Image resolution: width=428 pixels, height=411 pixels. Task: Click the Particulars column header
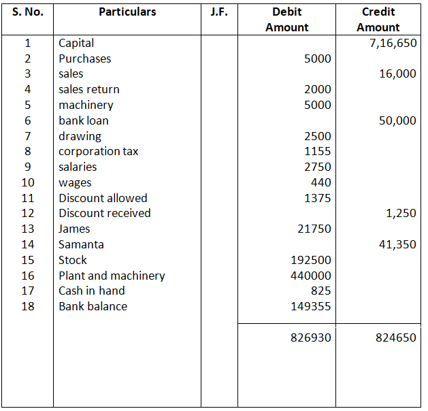(127, 12)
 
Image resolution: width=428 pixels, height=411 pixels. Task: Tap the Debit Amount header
(286, 20)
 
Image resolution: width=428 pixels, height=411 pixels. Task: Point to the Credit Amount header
(378, 20)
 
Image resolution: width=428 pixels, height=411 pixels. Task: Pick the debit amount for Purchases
(318, 59)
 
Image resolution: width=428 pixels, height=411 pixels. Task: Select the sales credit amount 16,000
(397, 74)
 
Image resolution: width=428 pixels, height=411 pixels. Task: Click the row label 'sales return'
(88, 89)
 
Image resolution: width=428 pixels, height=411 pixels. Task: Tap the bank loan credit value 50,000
(397, 120)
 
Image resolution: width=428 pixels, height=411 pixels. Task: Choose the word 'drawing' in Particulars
(80, 136)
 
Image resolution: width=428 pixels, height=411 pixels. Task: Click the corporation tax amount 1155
(318, 152)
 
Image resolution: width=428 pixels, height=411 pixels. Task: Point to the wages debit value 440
(320, 182)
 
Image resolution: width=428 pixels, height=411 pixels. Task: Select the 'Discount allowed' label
(103, 198)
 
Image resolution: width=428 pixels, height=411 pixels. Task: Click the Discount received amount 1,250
(401, 214)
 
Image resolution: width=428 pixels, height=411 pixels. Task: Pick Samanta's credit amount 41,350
(397, 244)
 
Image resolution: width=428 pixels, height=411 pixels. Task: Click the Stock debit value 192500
(311, 260)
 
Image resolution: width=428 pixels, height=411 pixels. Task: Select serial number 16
(27, 276)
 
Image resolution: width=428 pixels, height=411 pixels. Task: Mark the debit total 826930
(311, 338)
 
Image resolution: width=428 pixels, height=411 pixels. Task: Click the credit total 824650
(395, 338)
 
